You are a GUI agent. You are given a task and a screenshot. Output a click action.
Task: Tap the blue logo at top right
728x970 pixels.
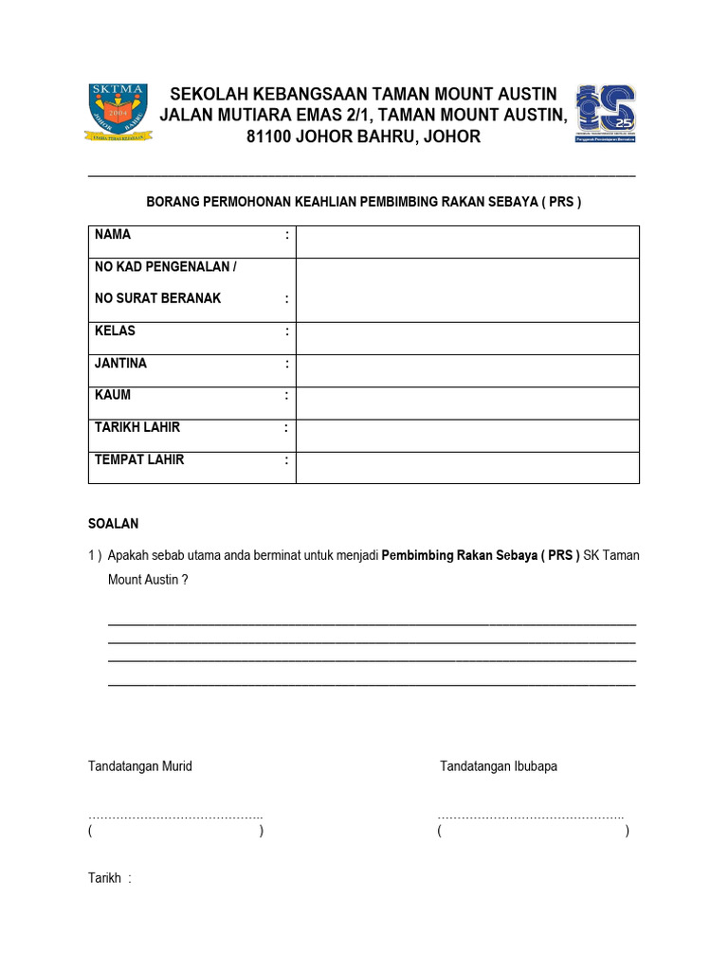(x=606, y=113)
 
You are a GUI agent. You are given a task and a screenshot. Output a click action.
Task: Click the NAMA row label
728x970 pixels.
(x=113, y=234)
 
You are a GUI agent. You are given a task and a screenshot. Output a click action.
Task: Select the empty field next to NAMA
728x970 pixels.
(x=467, y=242)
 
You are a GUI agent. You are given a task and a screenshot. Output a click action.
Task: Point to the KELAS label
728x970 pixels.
(x=115, y=331)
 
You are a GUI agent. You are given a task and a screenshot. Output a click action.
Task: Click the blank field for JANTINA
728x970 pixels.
(x=467, y=370)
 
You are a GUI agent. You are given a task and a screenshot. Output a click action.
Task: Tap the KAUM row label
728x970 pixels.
(x=112, y=395)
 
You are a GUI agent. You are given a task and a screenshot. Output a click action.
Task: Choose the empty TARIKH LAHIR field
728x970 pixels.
(x=467, y=435)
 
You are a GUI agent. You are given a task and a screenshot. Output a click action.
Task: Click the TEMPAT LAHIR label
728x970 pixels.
(x=139, y=459)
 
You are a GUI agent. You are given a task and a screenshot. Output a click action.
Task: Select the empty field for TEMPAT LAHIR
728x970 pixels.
(x=467, y=467)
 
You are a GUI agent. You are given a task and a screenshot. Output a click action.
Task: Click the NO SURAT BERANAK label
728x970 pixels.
(x=157, y=298)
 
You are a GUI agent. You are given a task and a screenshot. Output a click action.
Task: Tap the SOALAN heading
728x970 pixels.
(x=114, y=523)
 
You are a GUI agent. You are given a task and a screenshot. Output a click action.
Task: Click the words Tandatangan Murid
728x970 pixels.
(x=140, y=765)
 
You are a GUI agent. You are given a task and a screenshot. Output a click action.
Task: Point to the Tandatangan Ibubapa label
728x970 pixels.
(x=499, y=765)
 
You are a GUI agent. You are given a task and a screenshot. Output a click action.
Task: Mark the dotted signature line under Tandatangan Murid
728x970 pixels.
(x=175, y=817)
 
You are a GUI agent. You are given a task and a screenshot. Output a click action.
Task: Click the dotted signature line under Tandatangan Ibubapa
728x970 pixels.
(x=530, y=817)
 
